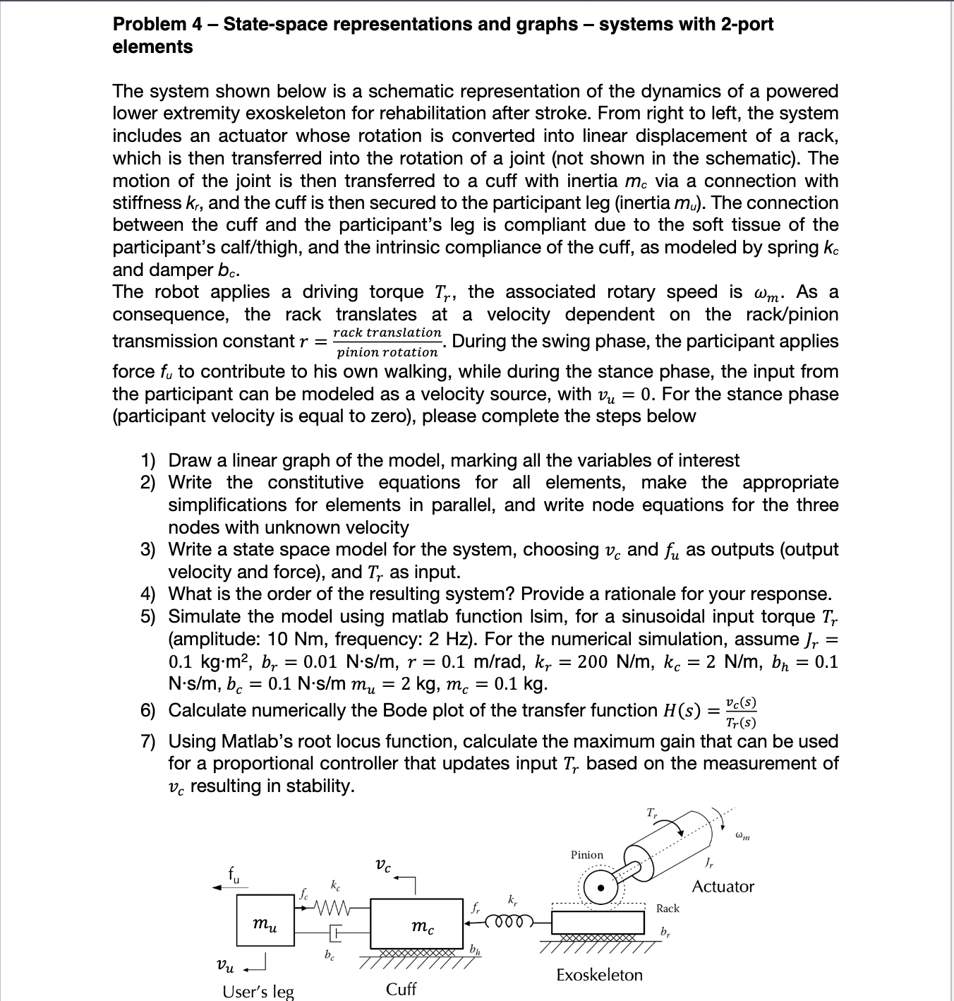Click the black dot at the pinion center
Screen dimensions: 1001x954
[600, 887]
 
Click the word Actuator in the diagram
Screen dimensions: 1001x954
[723, 887]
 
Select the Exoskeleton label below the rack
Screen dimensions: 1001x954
[599, 975]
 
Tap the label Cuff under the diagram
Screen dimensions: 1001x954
[401, 989]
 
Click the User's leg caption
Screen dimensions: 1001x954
[258, 991]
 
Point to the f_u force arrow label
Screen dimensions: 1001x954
[234, 875]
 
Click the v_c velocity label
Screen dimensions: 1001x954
[383, 865]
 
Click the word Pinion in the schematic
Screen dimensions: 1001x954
[587, 855]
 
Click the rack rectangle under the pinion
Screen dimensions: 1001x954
[598, 922]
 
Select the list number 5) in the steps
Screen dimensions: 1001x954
[147, 616]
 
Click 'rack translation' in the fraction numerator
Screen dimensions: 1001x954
[387, 332]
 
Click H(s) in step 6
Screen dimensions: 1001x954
[682, 711]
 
